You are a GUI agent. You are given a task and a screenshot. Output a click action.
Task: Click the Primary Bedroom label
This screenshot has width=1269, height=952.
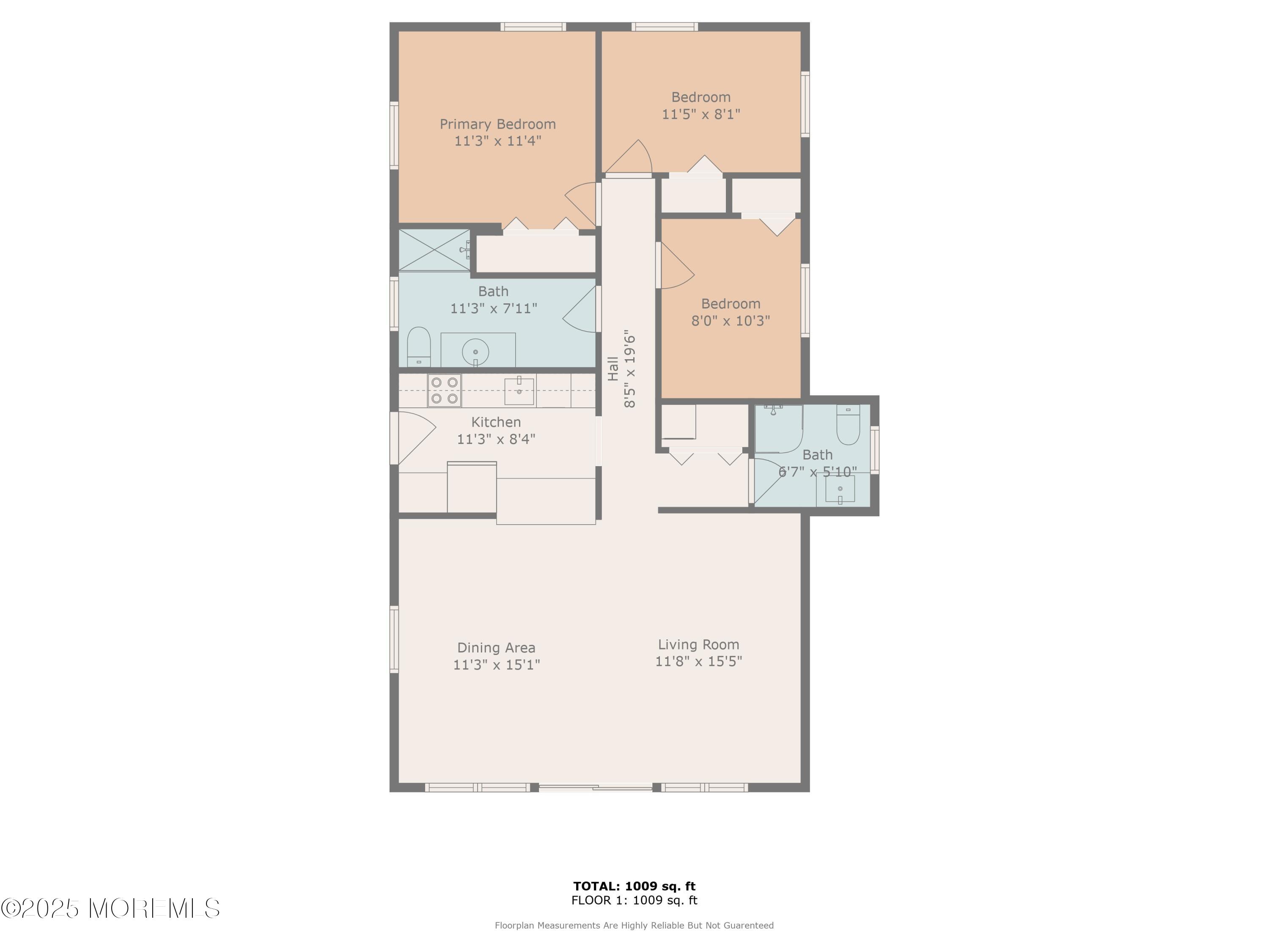click(497, 124)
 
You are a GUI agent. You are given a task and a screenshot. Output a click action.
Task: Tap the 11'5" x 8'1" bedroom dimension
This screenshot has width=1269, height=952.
click(700, 114)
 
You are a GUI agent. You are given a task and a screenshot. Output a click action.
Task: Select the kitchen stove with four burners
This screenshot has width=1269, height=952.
click(444, 390)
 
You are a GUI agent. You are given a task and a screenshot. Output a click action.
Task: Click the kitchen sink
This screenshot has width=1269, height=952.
click(519, 391)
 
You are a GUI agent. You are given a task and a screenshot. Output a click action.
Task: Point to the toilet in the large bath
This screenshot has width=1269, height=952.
click(418, 347)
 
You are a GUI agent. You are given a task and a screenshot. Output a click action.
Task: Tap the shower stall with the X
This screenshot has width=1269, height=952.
click(434, 250)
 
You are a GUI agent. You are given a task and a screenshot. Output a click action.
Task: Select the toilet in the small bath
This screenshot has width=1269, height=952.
click(847, 425)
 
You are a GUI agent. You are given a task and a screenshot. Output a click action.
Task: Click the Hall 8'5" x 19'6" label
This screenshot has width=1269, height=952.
click(622, 369)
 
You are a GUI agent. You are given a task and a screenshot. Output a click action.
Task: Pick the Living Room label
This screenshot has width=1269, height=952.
click(698, 644)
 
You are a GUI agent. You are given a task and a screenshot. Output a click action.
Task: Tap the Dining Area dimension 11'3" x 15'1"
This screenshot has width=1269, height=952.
click(496, 665)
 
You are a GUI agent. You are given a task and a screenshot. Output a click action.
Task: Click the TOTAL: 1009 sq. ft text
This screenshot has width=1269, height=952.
click(634, 886)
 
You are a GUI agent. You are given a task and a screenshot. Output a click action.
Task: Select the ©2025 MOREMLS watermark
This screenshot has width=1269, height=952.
click(110, 908)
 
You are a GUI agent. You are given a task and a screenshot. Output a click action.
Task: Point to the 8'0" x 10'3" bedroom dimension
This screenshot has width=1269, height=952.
click(730, 321)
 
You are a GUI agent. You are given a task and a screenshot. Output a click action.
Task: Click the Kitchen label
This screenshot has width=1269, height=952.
click(496, 422)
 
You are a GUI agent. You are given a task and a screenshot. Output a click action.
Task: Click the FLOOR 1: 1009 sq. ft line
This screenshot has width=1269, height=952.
click(634, 900)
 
